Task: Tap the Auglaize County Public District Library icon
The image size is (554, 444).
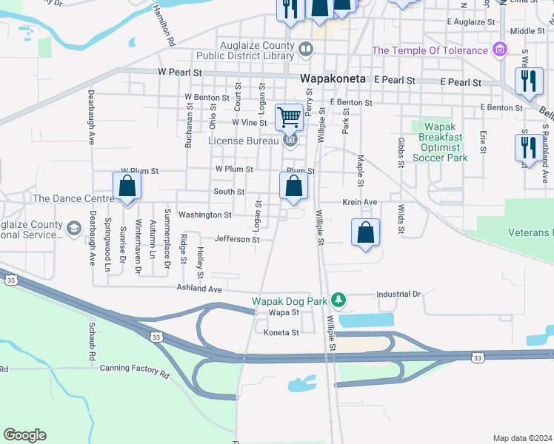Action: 306,49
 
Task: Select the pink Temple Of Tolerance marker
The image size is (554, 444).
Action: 500,50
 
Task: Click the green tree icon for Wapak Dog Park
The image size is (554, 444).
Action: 338,300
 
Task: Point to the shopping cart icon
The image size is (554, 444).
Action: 288,116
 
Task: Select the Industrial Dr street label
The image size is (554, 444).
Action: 398,294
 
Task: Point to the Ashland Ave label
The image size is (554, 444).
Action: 198,289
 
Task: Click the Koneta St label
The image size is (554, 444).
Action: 281,332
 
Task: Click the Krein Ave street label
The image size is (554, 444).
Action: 359,202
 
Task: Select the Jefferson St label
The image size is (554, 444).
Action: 237,239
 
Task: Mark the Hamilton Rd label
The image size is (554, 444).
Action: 164,30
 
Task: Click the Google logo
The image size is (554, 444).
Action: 24,435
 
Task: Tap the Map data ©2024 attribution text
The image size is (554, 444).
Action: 521,438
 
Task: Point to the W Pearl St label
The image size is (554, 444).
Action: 180,73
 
